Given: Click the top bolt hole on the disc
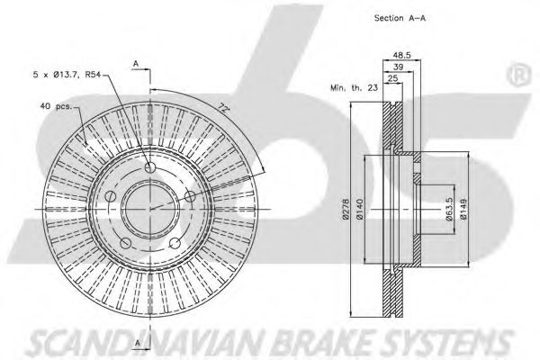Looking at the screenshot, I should pos(149,169).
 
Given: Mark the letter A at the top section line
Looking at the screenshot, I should pos(135,63).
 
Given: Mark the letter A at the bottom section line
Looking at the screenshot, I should pos(135,343).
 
